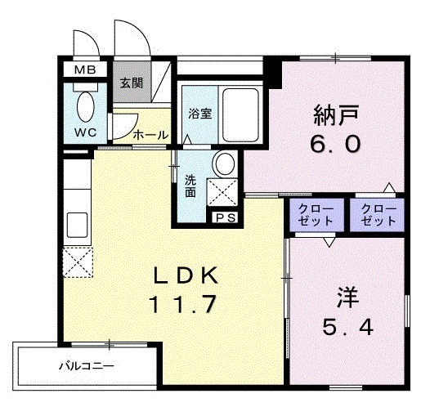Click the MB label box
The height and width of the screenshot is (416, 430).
[85, 69]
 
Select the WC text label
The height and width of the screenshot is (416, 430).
[85, 132]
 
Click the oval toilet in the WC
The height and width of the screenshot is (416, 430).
[86, 106]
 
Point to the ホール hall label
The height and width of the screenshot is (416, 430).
[150, 134]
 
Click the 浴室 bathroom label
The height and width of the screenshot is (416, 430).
[200, 114]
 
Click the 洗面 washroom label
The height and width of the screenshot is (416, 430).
[190, 186]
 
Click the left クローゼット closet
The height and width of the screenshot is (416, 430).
[316, 215]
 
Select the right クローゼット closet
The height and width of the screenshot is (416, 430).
[377, 215]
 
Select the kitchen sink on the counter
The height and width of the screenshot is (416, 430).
[78, 222]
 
